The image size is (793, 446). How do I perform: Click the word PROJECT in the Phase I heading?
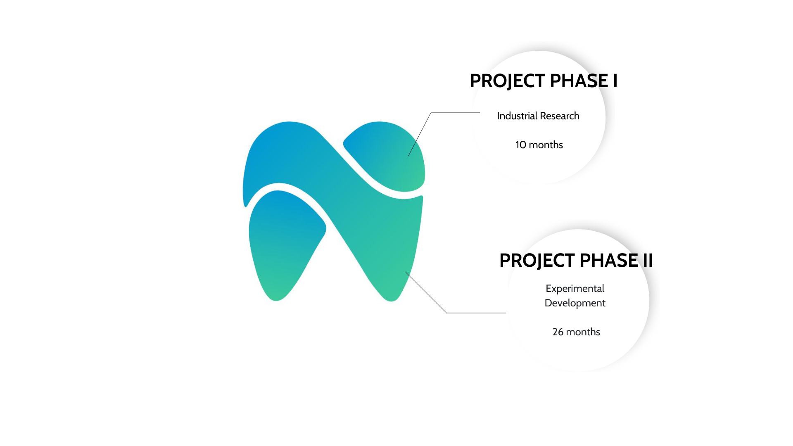point(507,81)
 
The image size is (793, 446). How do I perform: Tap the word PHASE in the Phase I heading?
point(579,81)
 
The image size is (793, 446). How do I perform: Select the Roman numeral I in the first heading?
point(615,81)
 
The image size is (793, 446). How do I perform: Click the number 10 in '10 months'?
point(520,145)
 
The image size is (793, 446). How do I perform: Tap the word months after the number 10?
point(546,145)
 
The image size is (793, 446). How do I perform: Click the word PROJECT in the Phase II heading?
point(537,261)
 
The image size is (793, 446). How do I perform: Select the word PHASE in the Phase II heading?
point(609,260)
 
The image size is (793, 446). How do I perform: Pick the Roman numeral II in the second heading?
point(648,260)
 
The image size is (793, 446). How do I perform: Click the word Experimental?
point(575,289)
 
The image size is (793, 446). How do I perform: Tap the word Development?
point(575,303)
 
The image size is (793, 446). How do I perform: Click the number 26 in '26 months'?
point(558,332)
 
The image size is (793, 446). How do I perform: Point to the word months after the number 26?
point(583,332)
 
